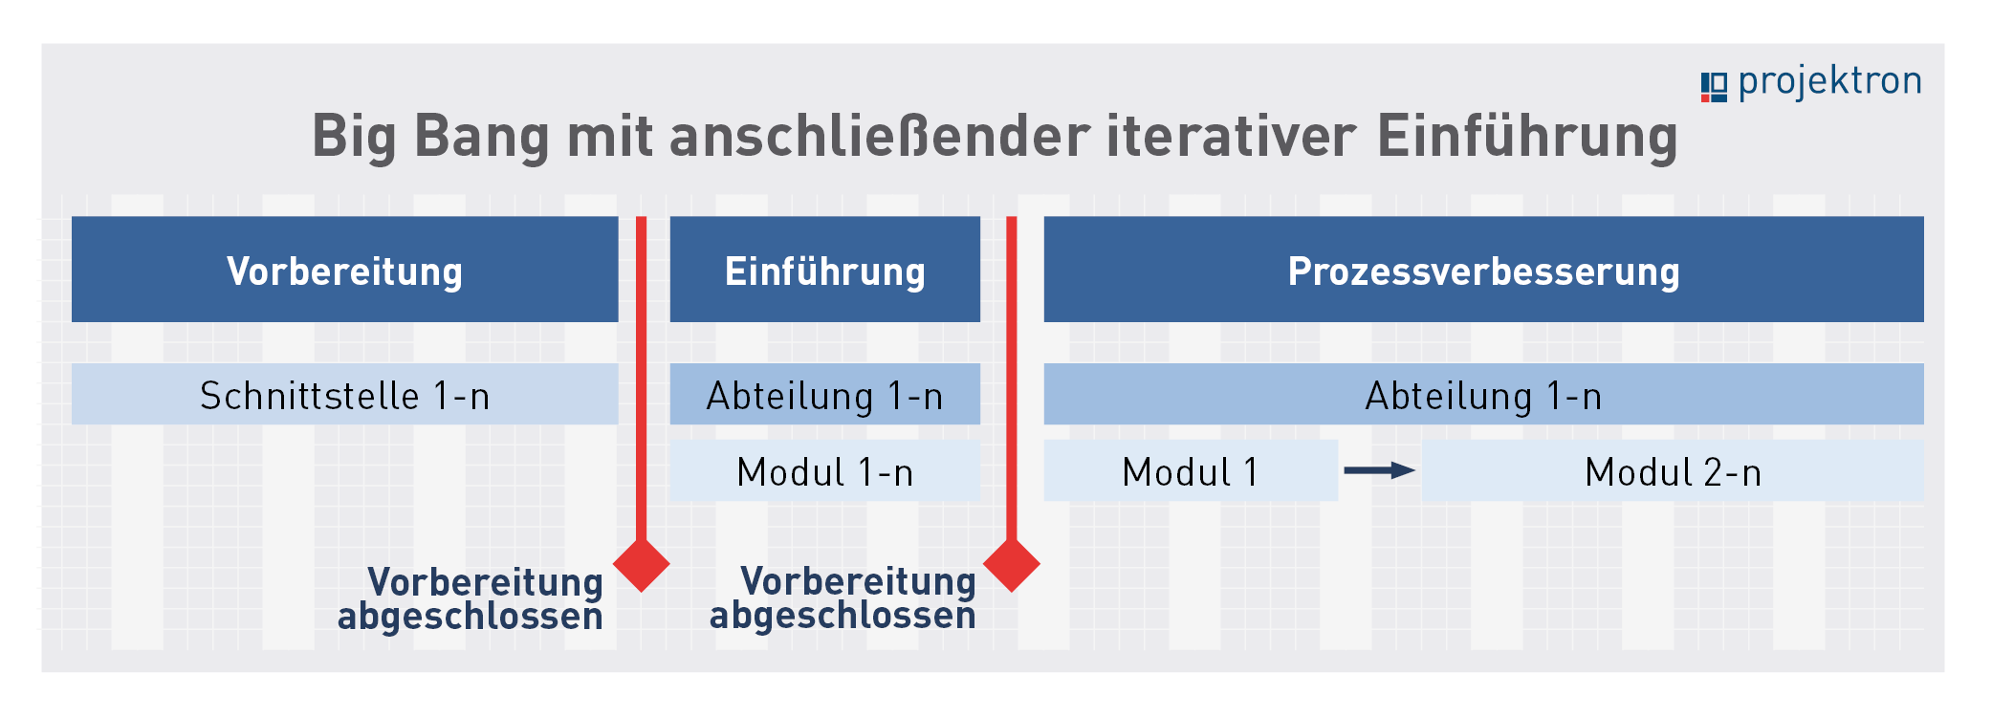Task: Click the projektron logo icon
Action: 1714,87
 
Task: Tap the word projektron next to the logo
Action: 1829,82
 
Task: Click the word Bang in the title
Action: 481,137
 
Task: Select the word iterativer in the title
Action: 1231,135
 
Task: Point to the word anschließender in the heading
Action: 880,135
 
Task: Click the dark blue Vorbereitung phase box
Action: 345,270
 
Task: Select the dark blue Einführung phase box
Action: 825,270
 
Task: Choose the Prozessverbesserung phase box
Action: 1483,270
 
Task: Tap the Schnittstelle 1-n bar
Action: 345,394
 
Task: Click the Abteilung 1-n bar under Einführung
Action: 825,394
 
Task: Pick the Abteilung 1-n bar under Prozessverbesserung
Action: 1483,394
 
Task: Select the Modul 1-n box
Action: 825,470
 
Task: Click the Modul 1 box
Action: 1191,470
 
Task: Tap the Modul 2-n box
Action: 1673,470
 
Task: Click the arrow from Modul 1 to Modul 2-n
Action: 1379,470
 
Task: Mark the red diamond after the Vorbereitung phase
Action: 641,565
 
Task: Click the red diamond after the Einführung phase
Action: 1011,565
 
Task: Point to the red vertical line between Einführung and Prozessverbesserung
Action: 1011,382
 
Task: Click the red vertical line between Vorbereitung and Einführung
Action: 641,382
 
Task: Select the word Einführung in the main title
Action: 1527,137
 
